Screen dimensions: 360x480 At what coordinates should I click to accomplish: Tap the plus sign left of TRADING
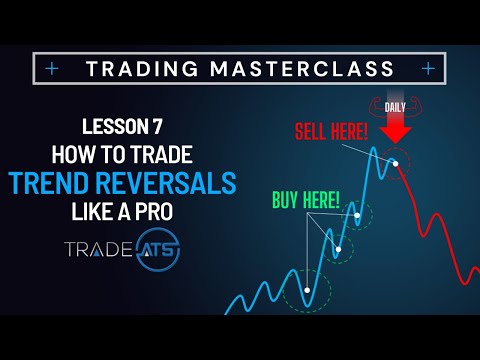tap(51, 68)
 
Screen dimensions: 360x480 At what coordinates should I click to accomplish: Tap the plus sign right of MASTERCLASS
tap(428, 68)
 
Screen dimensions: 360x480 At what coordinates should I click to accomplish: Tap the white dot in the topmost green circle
tap(358, 212)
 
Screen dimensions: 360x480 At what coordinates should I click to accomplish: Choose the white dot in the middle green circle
tap(338, 249)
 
